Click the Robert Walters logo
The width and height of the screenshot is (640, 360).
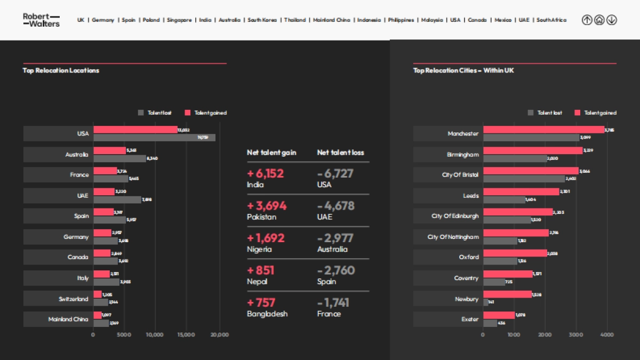click(41, 20)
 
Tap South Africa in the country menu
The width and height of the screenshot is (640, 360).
click(551, 20)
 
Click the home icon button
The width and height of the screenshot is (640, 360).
click(599, 20)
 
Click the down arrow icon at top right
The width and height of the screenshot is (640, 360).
click(611, 20)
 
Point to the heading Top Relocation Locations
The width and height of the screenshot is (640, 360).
click(61, 70)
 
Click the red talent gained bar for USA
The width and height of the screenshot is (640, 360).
click(135, 130)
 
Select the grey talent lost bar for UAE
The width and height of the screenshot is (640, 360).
click(117, 199)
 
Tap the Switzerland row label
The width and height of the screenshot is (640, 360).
click(74, 299)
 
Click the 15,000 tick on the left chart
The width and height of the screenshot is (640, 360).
click(186, 335)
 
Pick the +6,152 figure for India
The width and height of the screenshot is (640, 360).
click(266, 173)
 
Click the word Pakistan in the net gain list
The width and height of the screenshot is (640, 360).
click(261, 217)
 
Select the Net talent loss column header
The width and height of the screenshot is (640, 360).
click(340, 153)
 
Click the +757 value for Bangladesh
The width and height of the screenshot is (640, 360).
click(261, 302)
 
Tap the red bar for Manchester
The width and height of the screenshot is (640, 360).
click(543, 130)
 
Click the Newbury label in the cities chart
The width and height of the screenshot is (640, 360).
click(467, 299)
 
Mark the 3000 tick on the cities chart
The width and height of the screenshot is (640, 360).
click(576, 335)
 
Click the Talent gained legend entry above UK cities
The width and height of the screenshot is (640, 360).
click(595, 113)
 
